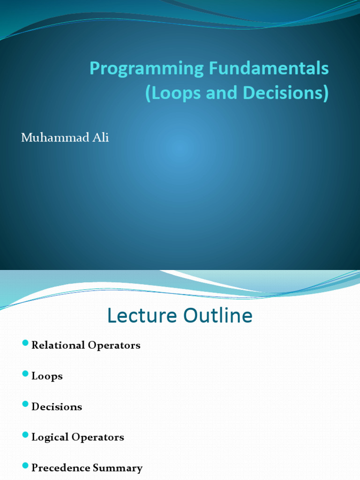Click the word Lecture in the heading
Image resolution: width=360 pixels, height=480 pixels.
[141, 315]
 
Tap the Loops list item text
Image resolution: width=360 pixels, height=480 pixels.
[47, 376]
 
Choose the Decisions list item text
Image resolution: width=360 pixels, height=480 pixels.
[57, 407]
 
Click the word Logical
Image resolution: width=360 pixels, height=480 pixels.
[50, 438]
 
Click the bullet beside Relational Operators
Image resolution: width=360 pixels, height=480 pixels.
[25, 345]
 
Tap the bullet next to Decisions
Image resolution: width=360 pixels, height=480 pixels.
[25, 406]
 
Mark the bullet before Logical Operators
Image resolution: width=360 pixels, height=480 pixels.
[25, 436]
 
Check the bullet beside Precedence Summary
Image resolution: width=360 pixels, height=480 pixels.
[25, 467]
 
